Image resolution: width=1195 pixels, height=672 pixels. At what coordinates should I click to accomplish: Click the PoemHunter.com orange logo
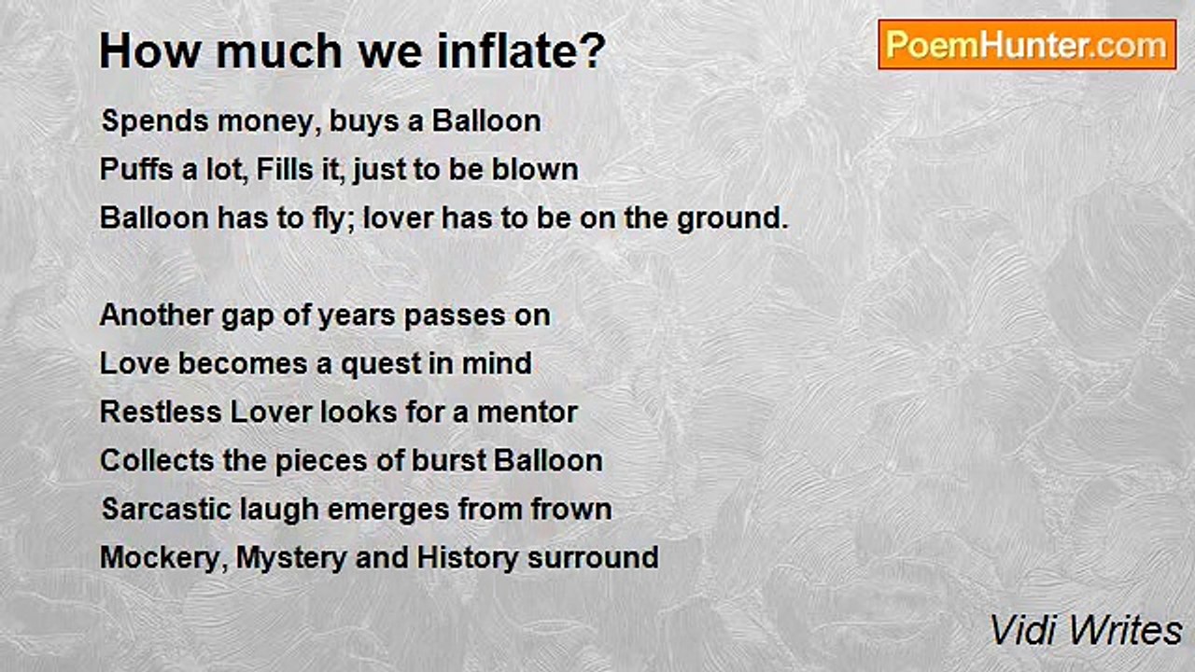pos(1027,45)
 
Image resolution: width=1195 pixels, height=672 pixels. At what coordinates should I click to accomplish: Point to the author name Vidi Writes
pos(1086,630)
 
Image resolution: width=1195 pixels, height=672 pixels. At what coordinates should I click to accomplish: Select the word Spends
pos(154,122)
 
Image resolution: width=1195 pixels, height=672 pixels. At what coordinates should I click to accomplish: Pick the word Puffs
pos(136,170)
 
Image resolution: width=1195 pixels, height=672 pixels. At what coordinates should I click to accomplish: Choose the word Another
pos(157,315)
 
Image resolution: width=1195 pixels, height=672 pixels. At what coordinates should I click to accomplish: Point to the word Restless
pos(160,413)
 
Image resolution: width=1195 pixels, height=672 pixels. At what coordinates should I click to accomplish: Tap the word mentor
pos(527,413)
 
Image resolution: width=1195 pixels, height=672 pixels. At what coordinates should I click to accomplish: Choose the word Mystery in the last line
pos(291,559)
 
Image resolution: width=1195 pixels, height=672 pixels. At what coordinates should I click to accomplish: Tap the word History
pos(467,559)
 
